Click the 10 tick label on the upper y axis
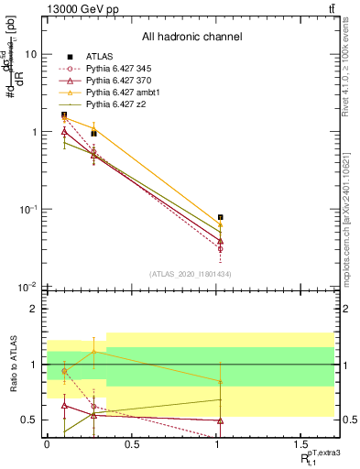coord(30,54)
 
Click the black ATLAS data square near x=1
coord(221,217)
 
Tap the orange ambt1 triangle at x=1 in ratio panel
coord(221,381)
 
